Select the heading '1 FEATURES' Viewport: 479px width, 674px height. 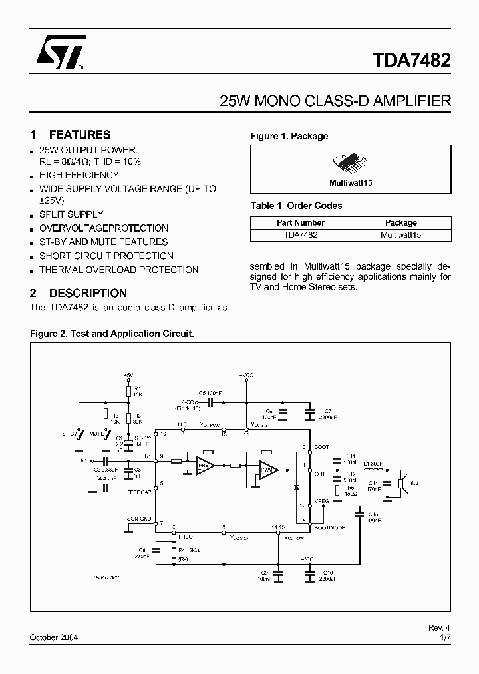pos(71,135)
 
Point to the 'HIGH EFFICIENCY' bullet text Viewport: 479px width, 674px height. pos(79,175)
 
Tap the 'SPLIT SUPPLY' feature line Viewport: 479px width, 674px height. pos(71,214)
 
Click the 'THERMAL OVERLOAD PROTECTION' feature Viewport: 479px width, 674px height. pos(118,270)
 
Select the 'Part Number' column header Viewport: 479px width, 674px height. pos(300,223)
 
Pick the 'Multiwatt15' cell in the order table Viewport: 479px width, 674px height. pos(400,235)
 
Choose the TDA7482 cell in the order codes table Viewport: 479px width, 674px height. pos(300,235)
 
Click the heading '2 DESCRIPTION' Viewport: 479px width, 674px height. pos(79,293)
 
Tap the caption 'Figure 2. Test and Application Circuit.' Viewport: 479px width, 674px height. pos(112,332)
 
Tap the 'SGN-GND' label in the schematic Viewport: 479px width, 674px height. pos(138,517)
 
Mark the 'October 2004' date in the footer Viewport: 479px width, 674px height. pos(54,637)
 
